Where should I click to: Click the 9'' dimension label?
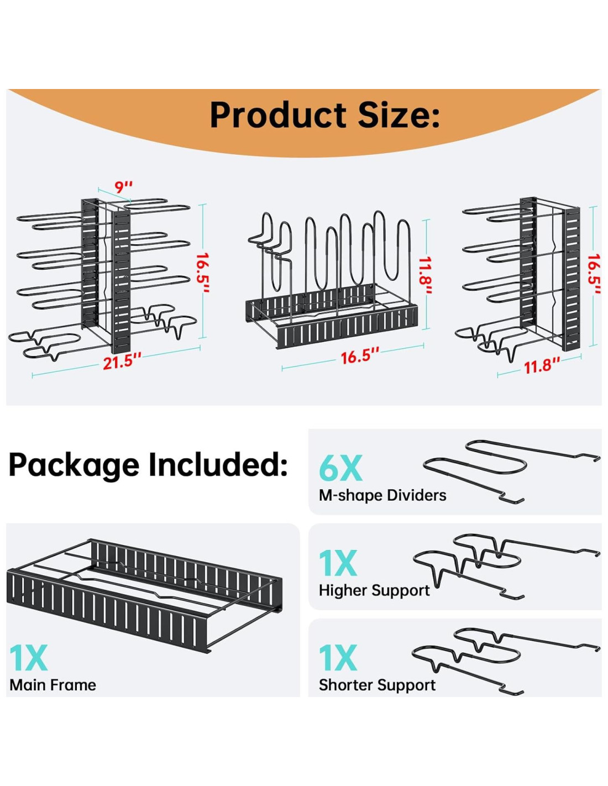124,187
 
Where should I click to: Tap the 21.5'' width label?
122,361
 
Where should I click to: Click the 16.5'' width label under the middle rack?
360,356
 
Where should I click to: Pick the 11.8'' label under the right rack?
541,365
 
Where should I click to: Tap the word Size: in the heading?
399,115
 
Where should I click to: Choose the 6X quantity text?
340,468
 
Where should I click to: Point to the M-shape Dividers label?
382,495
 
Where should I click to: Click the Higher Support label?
374,590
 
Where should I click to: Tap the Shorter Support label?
377,685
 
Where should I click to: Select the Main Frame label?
53,685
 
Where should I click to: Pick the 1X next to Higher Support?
338,563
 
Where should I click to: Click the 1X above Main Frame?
28,658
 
